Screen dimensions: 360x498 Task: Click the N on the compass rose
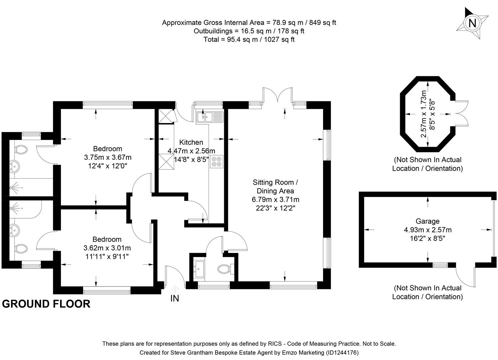[472, 23]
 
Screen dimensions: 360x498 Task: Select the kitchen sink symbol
[210, 117]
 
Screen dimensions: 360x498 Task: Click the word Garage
[427, 221]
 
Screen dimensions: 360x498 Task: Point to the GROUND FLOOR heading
[46, 304]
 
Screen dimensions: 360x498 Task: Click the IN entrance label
[175, 298]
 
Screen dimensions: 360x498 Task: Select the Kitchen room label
[191, 142]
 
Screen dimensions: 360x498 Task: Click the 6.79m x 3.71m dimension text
[275, 200]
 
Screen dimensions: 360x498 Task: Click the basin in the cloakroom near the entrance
[200, 267]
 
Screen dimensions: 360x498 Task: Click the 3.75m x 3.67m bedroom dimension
[108, 157]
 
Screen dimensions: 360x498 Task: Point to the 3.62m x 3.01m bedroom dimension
[107, 248]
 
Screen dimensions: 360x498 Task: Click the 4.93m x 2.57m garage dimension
[428, 230]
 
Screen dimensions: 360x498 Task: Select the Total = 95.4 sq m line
[249, 39]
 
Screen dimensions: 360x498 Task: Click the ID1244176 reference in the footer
[342, 352]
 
